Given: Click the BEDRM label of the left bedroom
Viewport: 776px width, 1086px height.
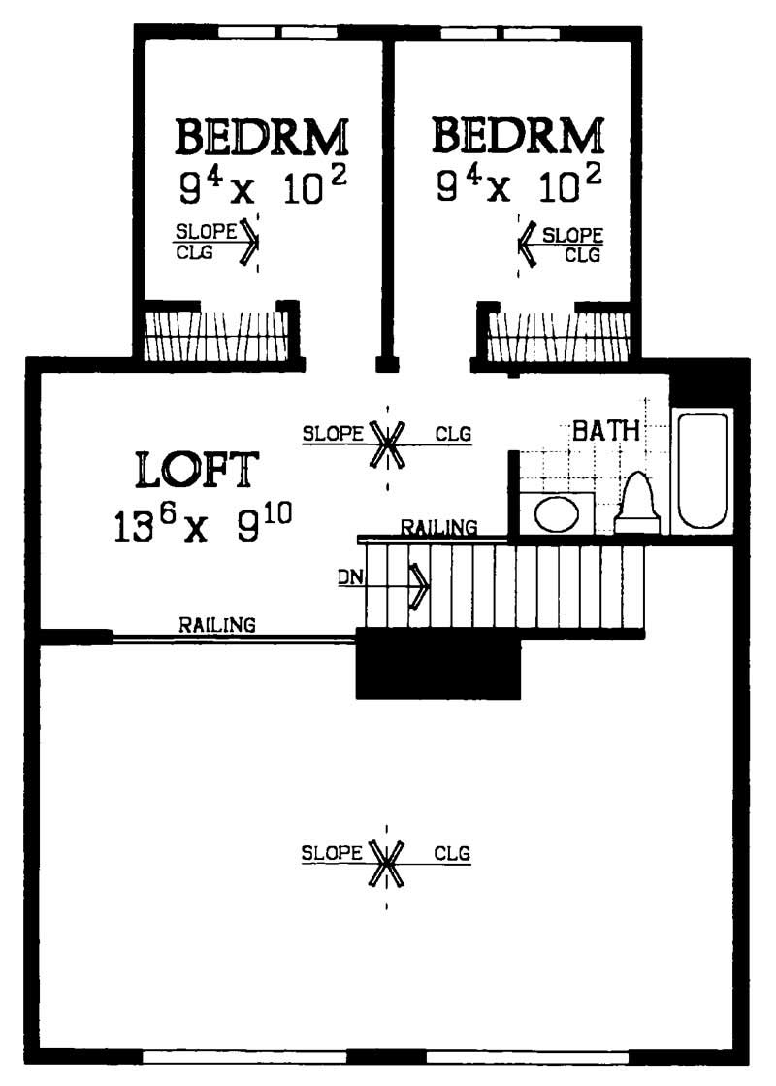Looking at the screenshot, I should coord(261,137).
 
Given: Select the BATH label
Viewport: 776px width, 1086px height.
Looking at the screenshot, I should coord(605,430).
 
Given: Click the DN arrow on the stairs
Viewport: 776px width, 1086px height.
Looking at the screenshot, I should coord(417,585).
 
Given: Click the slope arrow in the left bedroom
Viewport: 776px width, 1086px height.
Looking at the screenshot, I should coord(249,242).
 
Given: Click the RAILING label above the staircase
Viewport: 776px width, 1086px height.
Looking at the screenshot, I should coord(439,527).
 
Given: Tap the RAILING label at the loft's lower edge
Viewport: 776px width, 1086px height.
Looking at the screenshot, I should coord(217,625).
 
